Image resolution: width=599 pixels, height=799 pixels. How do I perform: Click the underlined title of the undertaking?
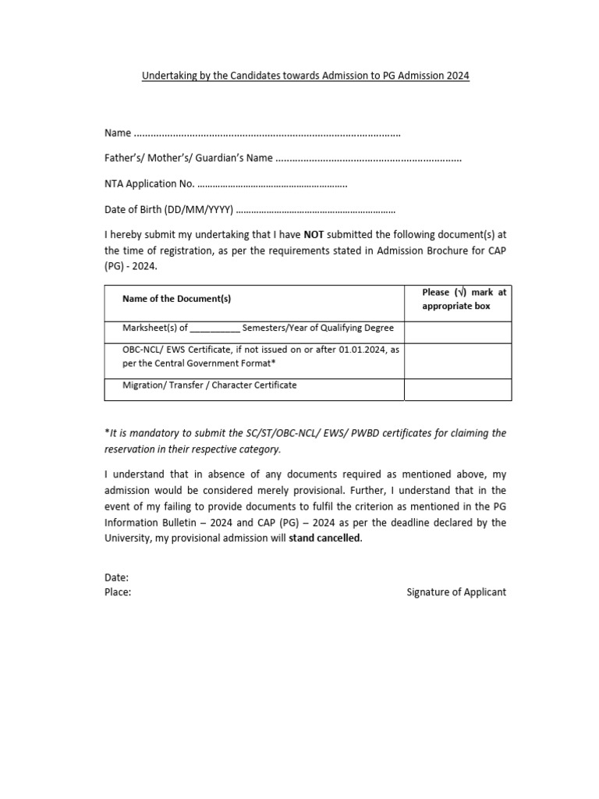(305, 76)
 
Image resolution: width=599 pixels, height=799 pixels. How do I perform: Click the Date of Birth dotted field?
(315, 210)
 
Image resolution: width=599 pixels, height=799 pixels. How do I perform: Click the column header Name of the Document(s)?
(176, 299)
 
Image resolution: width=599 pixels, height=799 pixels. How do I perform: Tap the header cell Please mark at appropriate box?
(457, 299)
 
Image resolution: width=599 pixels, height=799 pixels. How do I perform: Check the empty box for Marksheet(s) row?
(457, 332)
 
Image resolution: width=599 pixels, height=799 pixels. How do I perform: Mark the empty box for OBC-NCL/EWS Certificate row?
(457, 360)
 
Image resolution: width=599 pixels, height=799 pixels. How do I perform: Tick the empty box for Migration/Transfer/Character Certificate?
(457, 389)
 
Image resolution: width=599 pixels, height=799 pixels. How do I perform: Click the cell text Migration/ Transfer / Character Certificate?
(210, 385)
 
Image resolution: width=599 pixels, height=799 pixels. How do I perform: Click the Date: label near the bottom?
(116, 578)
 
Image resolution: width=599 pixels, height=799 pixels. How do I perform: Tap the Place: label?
(118, 592)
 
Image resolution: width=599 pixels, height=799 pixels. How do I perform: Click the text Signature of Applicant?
(456, 592)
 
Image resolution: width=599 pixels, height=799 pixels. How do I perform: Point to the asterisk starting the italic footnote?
(106, 433)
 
